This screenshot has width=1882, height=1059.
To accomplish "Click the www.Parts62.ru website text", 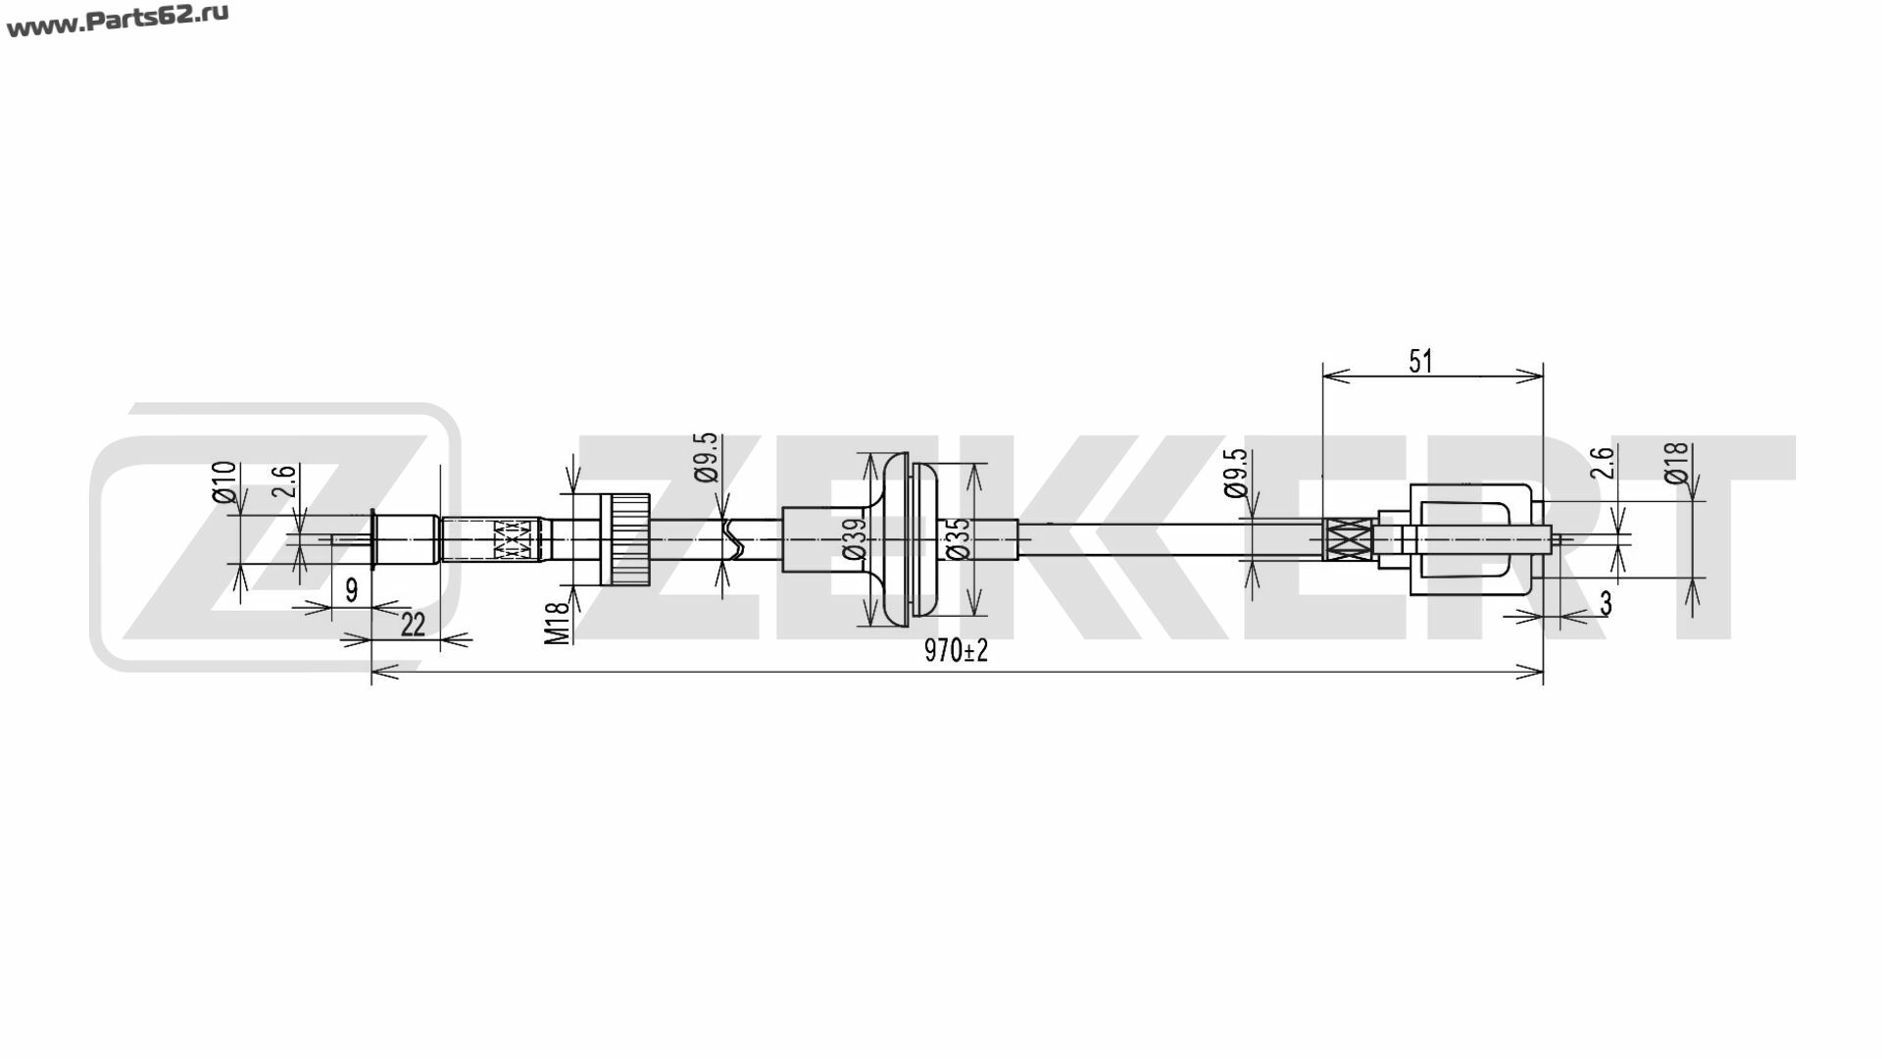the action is click(x=118, y=22).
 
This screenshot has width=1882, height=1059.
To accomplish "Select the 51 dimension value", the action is click(x=1420, y=362).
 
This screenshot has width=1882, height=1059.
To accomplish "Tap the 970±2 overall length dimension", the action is click(x=956, y=651).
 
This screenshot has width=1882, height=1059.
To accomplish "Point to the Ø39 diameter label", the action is click(x=855, y=540).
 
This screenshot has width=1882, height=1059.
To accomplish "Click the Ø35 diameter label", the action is click(x=959, y=539).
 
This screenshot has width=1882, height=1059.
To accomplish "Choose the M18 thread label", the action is click(x=557, y=622).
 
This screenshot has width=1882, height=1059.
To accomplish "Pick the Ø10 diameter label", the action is click(x=224, y=481).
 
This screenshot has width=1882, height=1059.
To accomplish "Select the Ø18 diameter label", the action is click(x=1676, y=463).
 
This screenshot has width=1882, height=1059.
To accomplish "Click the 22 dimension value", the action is click(x=414, y=624).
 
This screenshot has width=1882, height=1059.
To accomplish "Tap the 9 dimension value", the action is click(x=352, y=590).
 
